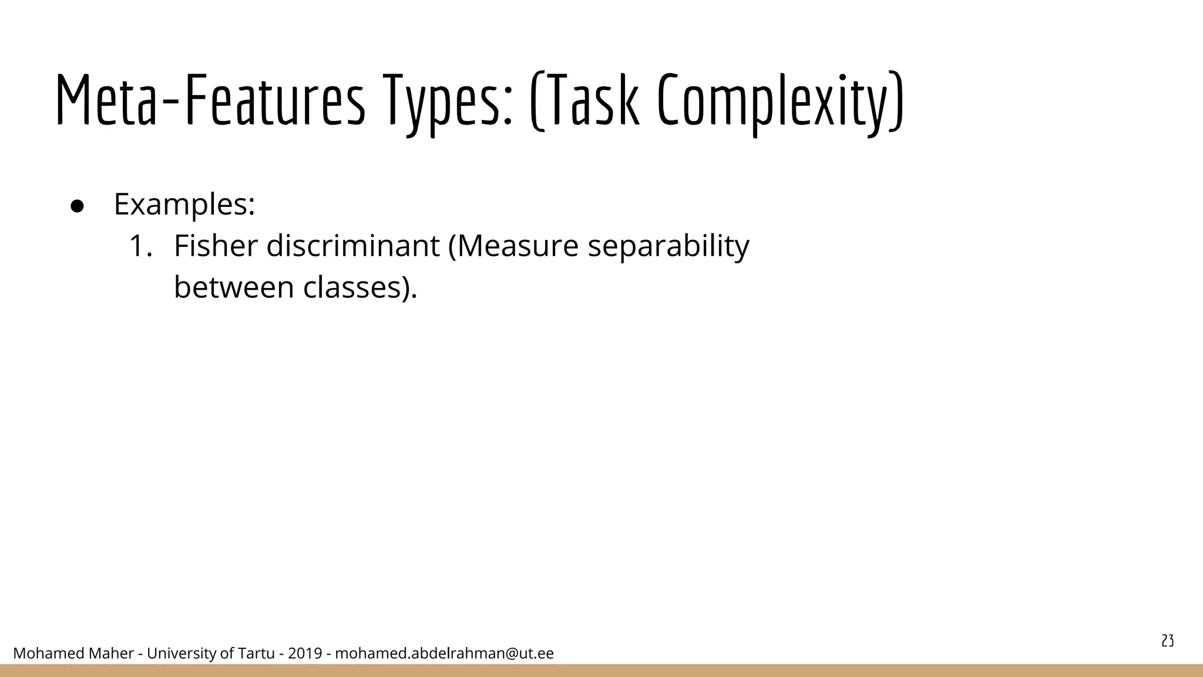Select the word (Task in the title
[584, 100]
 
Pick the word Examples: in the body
[184, 205]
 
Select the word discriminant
[352, 246]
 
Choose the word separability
[668, 247]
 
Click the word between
[234, 287]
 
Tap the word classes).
[360, 287]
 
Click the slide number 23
[1168, 641]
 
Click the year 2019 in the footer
[305, 653]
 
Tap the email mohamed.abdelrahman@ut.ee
[444, 653]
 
